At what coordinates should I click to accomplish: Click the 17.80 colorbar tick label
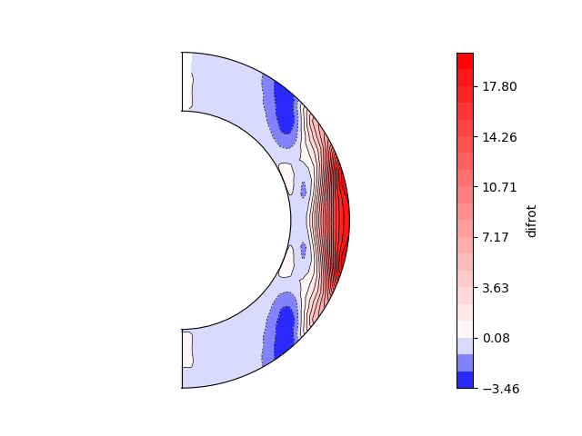499,87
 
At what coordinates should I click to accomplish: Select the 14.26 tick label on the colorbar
499,137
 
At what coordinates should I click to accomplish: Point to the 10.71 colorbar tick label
499,188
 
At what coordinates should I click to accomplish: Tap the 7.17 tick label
495,238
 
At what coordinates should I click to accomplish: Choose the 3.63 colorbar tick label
495,288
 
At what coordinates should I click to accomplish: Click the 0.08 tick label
496,338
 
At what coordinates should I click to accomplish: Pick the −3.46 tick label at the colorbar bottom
501,389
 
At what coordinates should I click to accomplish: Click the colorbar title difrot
531,221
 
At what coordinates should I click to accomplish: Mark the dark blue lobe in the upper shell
285,108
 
